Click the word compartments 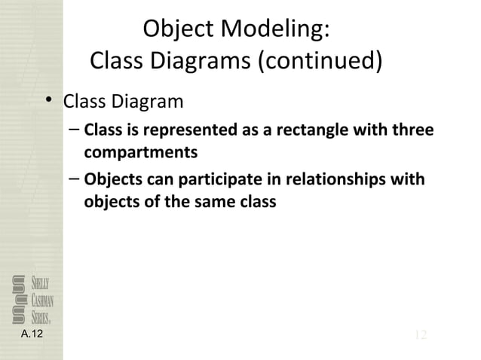140,153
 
